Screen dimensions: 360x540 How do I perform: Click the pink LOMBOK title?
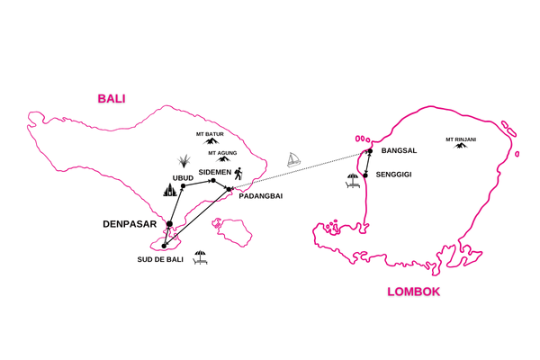coord(414,292)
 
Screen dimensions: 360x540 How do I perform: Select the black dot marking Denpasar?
coord(168,225)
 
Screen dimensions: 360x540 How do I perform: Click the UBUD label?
coord(171,177)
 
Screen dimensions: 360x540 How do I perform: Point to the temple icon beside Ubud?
coord(168,191)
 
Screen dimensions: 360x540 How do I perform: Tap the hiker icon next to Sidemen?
coord(238,173)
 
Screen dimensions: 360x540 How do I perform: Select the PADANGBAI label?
coord(260,195)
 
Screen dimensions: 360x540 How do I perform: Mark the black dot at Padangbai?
coord(228,188)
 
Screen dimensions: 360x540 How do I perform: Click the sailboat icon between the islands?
coord(293,159)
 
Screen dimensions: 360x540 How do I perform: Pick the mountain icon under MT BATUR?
coord(212,141)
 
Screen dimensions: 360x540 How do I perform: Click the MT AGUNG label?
coord(223,153)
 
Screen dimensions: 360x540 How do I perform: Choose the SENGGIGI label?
coord(393,174)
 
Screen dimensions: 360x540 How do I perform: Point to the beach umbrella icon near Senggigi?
coord(353,181)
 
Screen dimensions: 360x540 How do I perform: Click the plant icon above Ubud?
coord(184,161)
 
